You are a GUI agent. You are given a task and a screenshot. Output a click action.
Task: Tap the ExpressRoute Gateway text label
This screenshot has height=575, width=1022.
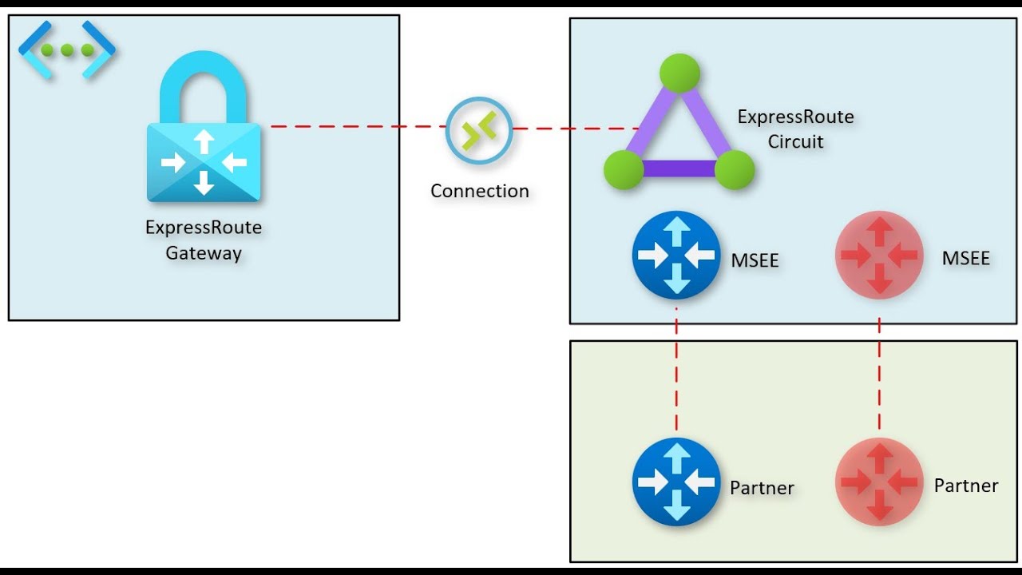coord(204,240)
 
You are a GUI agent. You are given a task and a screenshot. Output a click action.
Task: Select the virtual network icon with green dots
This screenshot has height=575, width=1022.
coord(67,50)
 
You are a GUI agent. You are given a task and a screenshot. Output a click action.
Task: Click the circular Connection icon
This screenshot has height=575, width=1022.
coord(479,130)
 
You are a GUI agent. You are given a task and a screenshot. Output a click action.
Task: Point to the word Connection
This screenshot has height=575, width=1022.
coord(479,192)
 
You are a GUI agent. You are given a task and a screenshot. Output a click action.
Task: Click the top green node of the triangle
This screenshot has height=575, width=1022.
coord(679,73)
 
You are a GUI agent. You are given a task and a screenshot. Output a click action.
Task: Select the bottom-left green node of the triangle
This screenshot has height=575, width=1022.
coord(624,169)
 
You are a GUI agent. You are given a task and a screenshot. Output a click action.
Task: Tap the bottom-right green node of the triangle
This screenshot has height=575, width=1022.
coord(735,169)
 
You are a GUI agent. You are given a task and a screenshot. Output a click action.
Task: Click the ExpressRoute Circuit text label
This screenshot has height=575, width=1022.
coord(795,129)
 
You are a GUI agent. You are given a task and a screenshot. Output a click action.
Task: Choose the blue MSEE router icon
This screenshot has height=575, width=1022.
coord(676,255)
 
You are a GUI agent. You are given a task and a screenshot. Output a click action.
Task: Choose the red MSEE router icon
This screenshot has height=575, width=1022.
coord(879,255)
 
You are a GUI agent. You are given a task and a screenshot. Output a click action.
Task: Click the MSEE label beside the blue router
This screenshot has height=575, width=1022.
coord(755,260)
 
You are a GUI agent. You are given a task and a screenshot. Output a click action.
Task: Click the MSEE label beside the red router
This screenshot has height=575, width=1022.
coord(965,259)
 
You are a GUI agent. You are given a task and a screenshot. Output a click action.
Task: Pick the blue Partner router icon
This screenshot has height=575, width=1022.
coord(676,481)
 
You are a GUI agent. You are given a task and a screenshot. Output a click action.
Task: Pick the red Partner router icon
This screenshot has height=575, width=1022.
coord(879,481)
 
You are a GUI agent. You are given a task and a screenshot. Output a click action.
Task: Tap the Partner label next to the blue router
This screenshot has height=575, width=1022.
coord(762,488)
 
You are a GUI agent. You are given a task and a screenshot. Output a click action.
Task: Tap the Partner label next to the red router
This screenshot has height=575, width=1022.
coord(966,486)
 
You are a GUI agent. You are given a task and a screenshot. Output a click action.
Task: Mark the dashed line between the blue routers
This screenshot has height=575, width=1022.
coord(676,367)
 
